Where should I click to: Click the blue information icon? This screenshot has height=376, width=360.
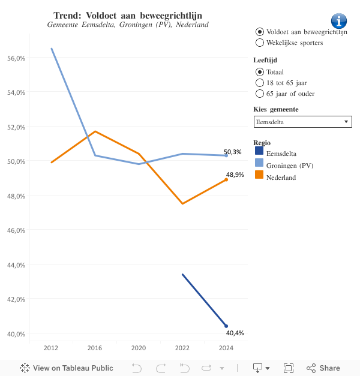point(339,20)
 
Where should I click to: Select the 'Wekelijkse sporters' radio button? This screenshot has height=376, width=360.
point(260,43)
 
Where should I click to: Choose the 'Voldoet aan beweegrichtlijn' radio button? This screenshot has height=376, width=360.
point(260,31)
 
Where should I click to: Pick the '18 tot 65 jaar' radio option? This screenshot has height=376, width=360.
point(260,83)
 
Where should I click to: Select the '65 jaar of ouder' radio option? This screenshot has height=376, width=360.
point(260,94)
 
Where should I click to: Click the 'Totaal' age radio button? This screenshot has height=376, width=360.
point(260,72)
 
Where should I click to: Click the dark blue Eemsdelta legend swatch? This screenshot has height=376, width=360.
point(259,152)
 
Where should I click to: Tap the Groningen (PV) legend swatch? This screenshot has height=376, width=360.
point(259,164)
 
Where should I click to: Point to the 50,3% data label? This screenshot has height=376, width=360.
point(233,152)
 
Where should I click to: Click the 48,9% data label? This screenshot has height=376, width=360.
point(235,175)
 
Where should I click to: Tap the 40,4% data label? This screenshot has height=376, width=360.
point(235,333)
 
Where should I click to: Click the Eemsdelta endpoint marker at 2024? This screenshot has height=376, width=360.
point(226,326)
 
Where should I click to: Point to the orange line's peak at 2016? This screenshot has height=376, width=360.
point(95,131)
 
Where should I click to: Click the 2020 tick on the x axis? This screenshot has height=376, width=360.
point(139,348)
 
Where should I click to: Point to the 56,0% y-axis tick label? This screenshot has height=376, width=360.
point(15,58)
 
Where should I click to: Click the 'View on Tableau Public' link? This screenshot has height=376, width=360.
point(67,368)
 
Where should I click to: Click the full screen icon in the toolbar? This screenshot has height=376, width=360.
point(288,368)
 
